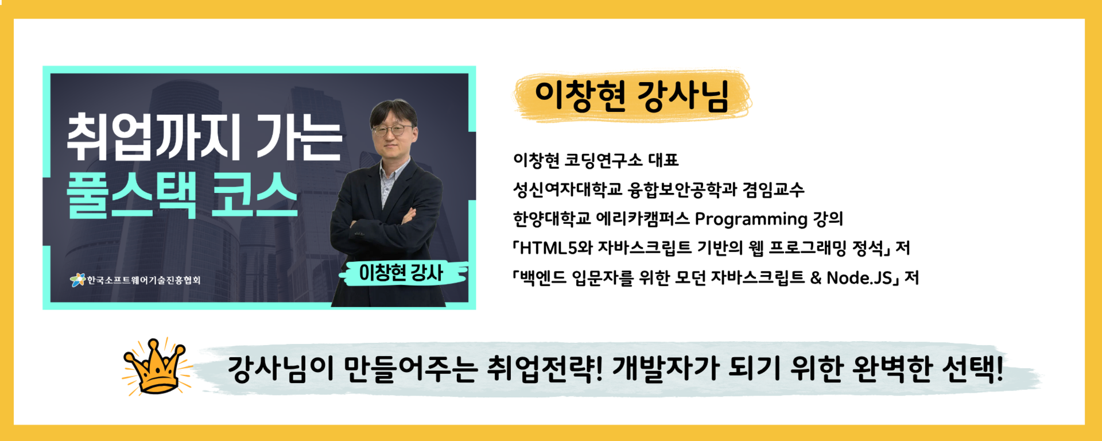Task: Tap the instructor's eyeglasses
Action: point(393,130)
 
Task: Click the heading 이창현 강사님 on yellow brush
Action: point(632,96)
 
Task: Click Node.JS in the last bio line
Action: point(859,278)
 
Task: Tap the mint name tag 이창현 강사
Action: point(401,273)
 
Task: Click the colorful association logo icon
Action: point(77,280)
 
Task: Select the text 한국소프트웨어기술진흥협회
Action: point(143,280)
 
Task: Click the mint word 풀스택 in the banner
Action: point(131,195)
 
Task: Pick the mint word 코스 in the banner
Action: point(255,195)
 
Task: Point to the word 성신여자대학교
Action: point(568,189)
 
